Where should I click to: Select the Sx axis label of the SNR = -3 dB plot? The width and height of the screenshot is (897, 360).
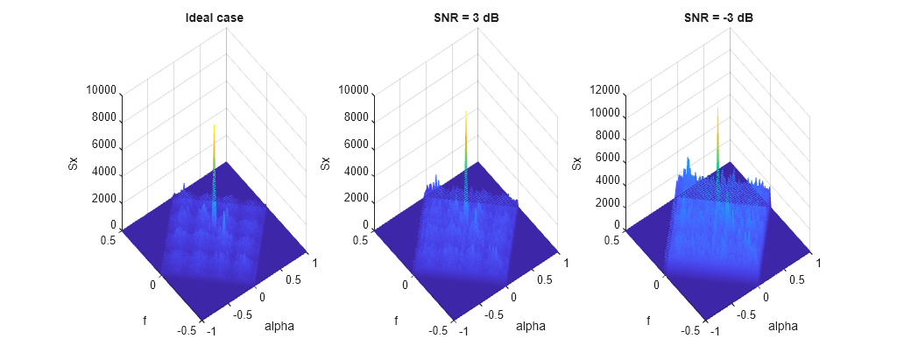(577, 162)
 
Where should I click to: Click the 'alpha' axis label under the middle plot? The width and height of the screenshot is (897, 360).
(531, 327)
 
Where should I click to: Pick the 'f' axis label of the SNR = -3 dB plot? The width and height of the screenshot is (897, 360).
(649, 321)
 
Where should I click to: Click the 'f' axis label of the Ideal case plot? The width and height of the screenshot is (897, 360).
(145, 321)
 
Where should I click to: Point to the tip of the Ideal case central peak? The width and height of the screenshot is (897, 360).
(214, 125)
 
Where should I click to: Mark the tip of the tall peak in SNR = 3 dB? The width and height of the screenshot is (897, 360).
(466, 112)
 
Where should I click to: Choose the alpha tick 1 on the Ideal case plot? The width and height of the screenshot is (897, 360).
(313, 261)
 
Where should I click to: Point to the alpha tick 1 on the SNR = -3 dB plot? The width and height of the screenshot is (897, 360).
(817, 261)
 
